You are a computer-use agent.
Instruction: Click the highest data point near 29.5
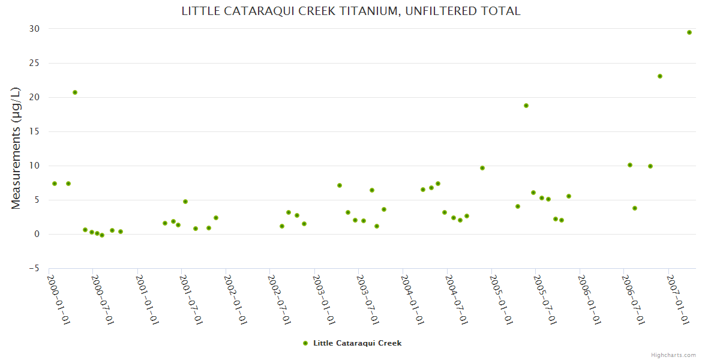point(689,32)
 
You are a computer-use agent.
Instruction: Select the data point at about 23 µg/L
point(660,76)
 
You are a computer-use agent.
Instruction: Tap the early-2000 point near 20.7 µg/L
point(75,92)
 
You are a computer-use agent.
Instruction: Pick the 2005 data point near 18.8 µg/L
point(526,106)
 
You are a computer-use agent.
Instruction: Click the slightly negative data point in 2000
point(102,235)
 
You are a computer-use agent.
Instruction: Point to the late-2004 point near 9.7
point(482,168)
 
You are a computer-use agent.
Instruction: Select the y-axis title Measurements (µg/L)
point(16,148)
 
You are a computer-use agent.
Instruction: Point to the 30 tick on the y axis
point(34,29)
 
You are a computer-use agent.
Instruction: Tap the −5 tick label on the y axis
point(33,268)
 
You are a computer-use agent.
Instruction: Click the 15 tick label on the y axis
point(34,131)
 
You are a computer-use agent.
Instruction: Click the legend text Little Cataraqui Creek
point(357,343)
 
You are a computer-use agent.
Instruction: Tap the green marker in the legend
point(305,343)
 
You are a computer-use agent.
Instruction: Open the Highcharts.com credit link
point(673,355)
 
